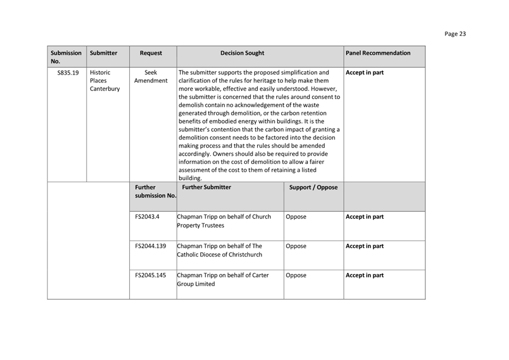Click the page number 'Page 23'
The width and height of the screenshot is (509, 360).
pyautogui.click(x=455, y=34)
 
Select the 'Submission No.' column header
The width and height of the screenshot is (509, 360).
pyautogui.click(x=66, y=57)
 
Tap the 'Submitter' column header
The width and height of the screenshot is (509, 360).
pyautogui.click(x=104, y=53)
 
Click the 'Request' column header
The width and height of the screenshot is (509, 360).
pyautogui.click(x=151, y=53)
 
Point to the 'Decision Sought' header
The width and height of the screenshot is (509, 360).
pyautogui.click(x=242, y=53)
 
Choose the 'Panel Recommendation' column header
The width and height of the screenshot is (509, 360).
pyautogui.click(x=378, y=53)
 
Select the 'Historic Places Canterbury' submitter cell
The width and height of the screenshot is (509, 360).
pyautogui.click(x=105, y=81)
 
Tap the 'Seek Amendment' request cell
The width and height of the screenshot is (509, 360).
pyautogui.click(x=151, y=77)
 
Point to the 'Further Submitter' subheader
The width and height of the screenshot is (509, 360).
pyautogui.click(x=207, y=187)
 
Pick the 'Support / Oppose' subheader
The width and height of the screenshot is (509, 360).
pyautogui.click(x=313, y=187)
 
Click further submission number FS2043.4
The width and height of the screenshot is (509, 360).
pyautogui.click(x=147, y=217)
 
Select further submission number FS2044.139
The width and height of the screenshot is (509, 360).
pyautogui.click(x=150, y=246)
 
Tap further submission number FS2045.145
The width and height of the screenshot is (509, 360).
pyautogui.click(x=150, y=276)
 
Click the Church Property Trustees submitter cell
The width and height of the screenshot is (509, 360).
pyautogui.click(x=224, y=221)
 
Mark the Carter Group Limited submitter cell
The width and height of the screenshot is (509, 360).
pyautogui.click(x=223, y=280)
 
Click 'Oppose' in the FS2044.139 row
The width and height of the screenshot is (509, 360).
pyautogui.click(x=296, y=246)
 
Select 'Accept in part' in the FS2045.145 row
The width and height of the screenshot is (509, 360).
pyautogui.click(x=365, y=276)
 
